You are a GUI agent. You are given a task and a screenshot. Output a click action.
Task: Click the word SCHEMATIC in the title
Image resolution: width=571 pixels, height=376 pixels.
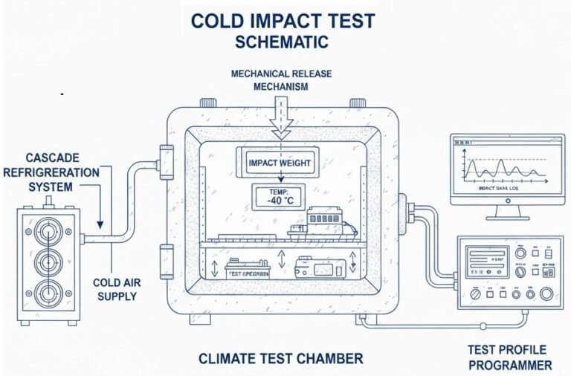[281, 42]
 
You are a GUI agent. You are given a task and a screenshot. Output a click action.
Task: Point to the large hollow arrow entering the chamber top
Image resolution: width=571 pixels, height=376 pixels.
[281, 119]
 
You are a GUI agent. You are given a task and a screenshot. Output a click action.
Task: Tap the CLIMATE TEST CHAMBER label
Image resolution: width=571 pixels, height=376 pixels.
[280, 359]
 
